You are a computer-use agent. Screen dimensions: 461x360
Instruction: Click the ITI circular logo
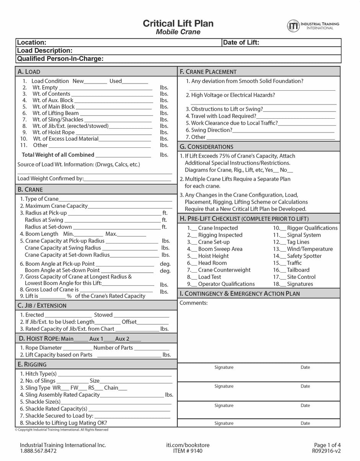(293, 26)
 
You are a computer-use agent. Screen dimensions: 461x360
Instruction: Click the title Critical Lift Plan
(178, 23)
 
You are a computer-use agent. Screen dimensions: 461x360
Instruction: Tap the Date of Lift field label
(241, 43)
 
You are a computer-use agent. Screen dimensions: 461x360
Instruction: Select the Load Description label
(44, 51)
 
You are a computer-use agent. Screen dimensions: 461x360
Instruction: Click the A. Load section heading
(29, 72)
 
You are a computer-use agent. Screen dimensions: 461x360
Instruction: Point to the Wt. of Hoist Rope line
(53, 132)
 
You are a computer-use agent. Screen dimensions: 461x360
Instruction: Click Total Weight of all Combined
(58, 155)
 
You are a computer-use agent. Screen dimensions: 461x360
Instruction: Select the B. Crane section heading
(30, 190)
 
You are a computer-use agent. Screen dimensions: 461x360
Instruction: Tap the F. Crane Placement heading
(208, 72)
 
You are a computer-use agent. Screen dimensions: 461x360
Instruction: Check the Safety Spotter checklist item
(304, 256)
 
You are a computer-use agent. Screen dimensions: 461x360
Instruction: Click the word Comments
(193, 303)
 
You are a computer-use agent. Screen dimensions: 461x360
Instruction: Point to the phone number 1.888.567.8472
(38, 451)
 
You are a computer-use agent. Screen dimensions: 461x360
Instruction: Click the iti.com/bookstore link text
(188, 445)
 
